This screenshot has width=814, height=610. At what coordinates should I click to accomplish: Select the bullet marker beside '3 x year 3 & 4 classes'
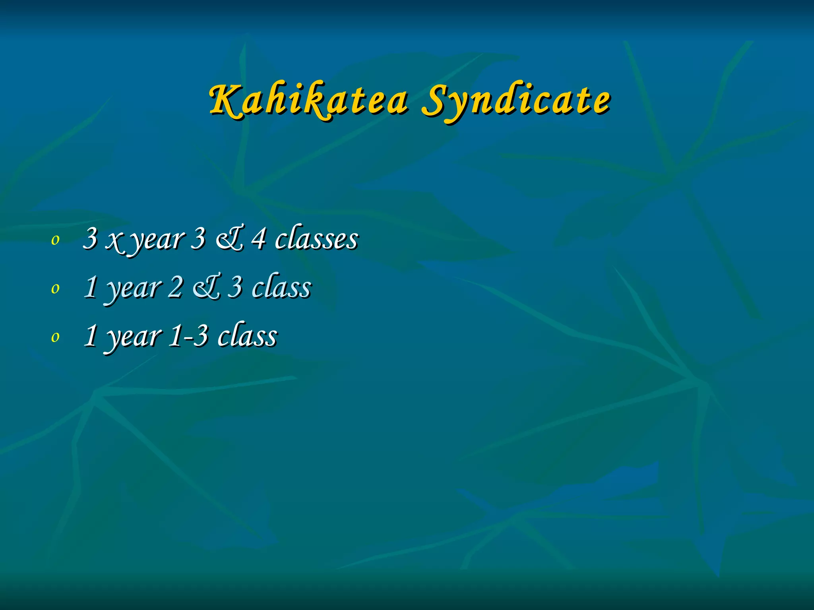pyautogui.click(x=56, y=239)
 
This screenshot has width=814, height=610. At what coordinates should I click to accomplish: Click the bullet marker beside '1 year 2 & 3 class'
pyautogui.click(x=56, y=288)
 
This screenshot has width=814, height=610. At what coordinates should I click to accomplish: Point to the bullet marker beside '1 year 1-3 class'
pyautogui.click(x=56, y=337)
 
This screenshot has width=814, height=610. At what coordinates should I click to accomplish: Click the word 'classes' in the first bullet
pyautogui.click(x=317, y=239)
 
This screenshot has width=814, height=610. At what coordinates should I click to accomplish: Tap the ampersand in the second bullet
pyautogui.click(x=206, y=288)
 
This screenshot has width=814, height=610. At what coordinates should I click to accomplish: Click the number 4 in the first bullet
pyautogui.click(x=259, y=239)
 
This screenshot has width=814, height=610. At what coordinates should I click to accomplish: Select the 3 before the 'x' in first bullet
pyautogui.click(x=91, y=239)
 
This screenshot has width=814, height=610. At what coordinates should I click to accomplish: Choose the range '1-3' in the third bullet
pyautogui.click(x=188, y=336)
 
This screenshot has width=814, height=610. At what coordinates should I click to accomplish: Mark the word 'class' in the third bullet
pyautogui.click(x=247, y=336)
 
